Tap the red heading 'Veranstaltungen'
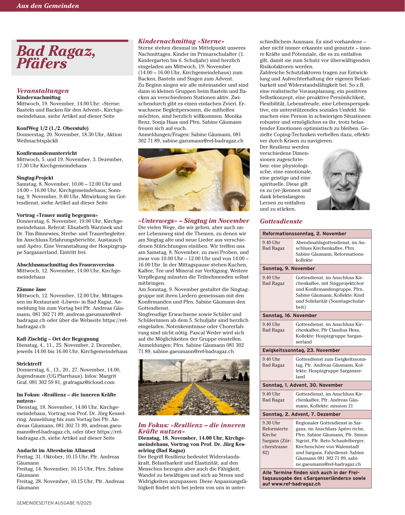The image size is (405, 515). click(x=43, y=91)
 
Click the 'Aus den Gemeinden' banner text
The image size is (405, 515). click(x=48, y=6)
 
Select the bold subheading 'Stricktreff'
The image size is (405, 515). click(x=29, y=364)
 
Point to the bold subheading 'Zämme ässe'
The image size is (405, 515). click(x=31, y=289)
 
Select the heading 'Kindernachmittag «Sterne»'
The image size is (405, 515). click(x=181, y=41)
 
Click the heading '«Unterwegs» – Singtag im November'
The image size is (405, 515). click(x=193, y=221)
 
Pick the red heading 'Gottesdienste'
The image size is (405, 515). click(x=281, y=221)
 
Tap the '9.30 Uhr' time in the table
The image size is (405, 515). click(x=271, y=423)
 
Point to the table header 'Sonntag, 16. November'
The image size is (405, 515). click(x=289, y=315)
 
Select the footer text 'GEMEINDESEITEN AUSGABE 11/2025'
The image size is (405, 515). click(x=54, y=503)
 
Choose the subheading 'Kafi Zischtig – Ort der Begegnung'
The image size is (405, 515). click(x=57, y=339)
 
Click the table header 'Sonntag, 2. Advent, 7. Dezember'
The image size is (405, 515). click(x=301, y=414)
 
